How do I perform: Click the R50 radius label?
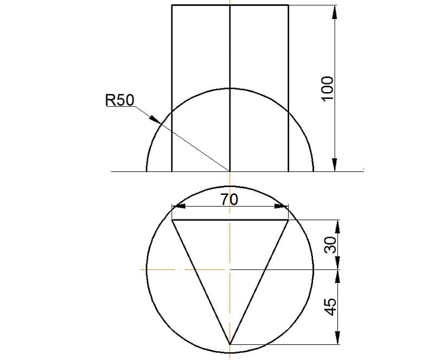pos(119,100)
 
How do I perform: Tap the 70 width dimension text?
pos(229,199)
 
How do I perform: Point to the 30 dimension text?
pos(330,245)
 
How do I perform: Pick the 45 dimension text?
pos(330,307)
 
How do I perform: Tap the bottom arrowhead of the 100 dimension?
pos(335,165)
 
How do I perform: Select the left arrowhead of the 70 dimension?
pos(177,206)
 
